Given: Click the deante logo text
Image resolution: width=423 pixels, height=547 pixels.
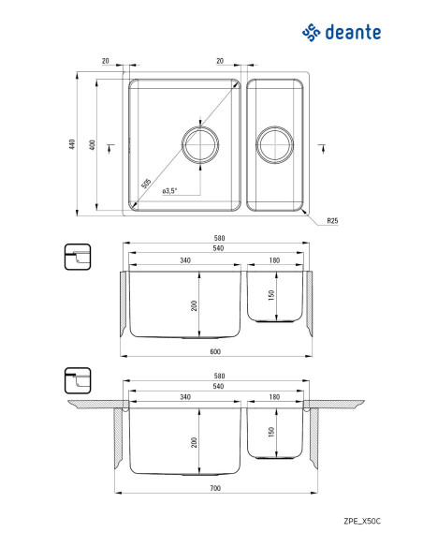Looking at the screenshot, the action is (353, 33).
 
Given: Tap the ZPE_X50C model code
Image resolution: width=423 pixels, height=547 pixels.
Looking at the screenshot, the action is (362, 521).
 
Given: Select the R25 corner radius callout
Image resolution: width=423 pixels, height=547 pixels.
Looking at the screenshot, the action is (332, 220).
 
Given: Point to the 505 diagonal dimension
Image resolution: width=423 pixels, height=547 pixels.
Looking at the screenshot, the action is (146, 184).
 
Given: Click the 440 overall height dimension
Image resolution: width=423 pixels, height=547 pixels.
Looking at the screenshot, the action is (72, 144).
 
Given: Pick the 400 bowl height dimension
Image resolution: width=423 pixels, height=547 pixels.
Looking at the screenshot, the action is (92, 145).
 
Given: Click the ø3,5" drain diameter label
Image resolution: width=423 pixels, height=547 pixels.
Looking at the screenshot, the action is (169, 191).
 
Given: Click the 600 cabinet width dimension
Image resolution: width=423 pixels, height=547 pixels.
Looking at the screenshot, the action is (215, 351).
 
